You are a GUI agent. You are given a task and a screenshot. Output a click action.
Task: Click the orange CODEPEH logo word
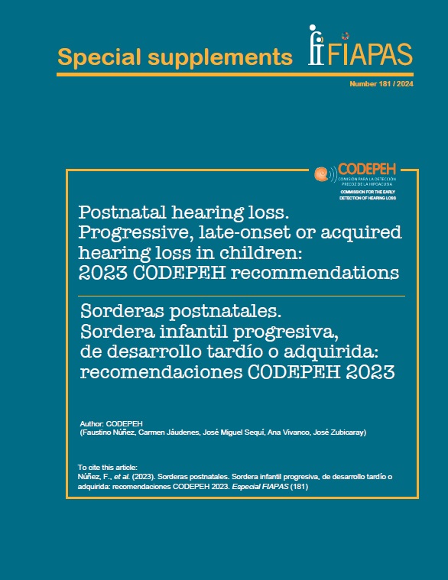tap(365, 169)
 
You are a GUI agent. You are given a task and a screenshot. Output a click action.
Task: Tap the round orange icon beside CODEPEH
tap(322, 173)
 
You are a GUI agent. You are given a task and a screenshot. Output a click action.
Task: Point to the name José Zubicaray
tap(337, 433)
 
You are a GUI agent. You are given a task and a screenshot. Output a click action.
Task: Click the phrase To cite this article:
tap(107, 467)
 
